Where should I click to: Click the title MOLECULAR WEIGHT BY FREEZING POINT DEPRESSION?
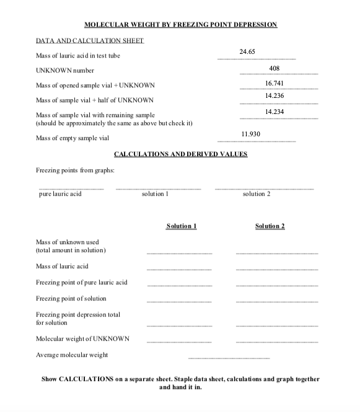[180, 24]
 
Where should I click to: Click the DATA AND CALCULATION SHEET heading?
[90, 41]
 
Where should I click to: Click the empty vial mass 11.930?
[250, 134]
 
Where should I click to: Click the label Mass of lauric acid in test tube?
[78, 56]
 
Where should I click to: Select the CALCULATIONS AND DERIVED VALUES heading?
[180, 154]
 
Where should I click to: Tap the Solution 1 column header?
[182, 226]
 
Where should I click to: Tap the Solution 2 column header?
[270, 226]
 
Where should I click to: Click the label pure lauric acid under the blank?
[60, 194]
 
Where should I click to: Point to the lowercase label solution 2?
[257, 194]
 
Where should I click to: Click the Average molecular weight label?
[72, 355]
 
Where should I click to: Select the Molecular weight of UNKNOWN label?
[83, 338]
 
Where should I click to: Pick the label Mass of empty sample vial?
[72, 138]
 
